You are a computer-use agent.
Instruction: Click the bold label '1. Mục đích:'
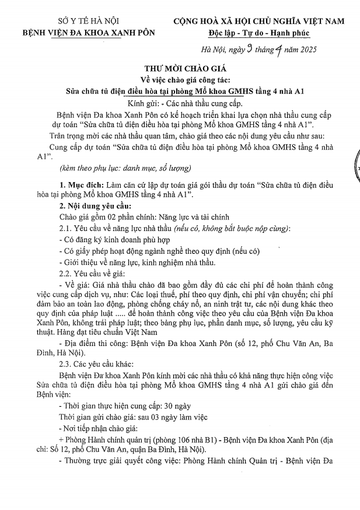pos(88,185)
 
